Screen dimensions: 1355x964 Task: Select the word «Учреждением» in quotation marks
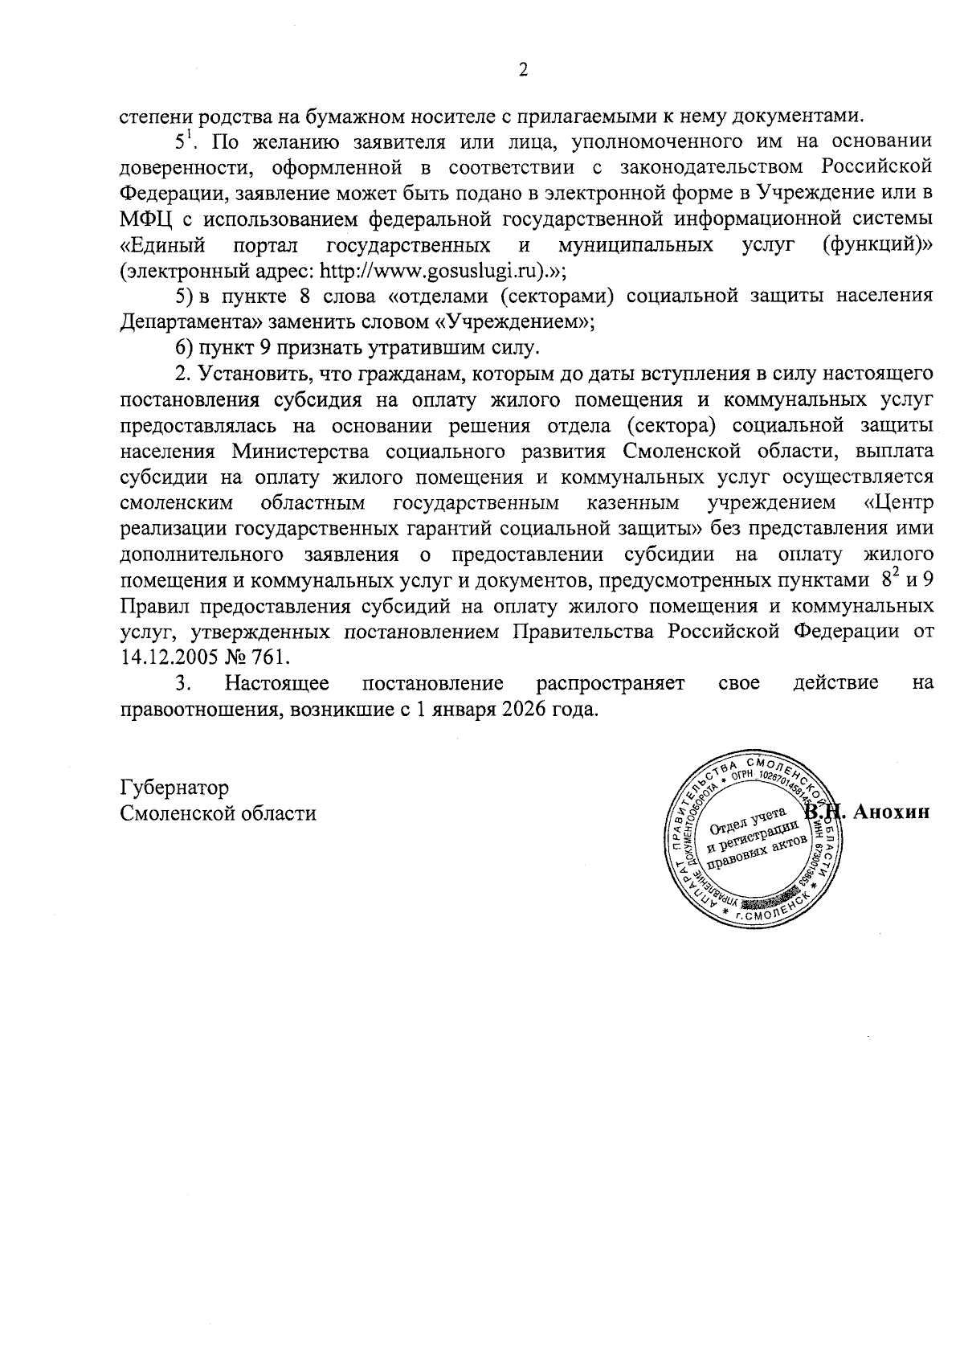coord(516,322)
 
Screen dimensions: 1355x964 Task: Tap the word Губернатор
coord(174,786)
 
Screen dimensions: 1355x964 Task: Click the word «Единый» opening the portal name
coord(161,244)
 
